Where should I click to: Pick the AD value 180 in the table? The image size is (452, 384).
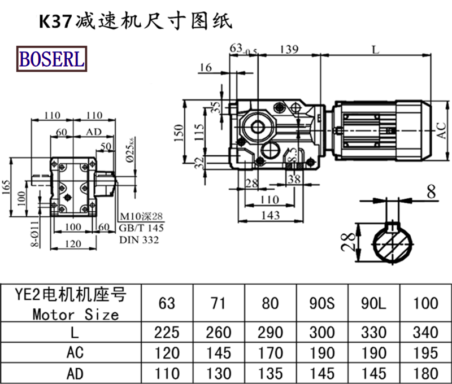click(x=425, y=373)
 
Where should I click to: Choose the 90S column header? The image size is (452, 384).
click(x=323, y=303)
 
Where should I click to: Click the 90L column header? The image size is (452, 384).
click(x=373, y=303)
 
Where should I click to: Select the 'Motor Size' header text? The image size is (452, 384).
click(x=75, y=314)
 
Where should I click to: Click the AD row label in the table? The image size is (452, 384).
click(x=75, y=373)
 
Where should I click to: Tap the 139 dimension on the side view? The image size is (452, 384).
click(x=288, y=50)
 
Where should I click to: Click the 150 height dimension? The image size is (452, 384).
click(x=180, y=133)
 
